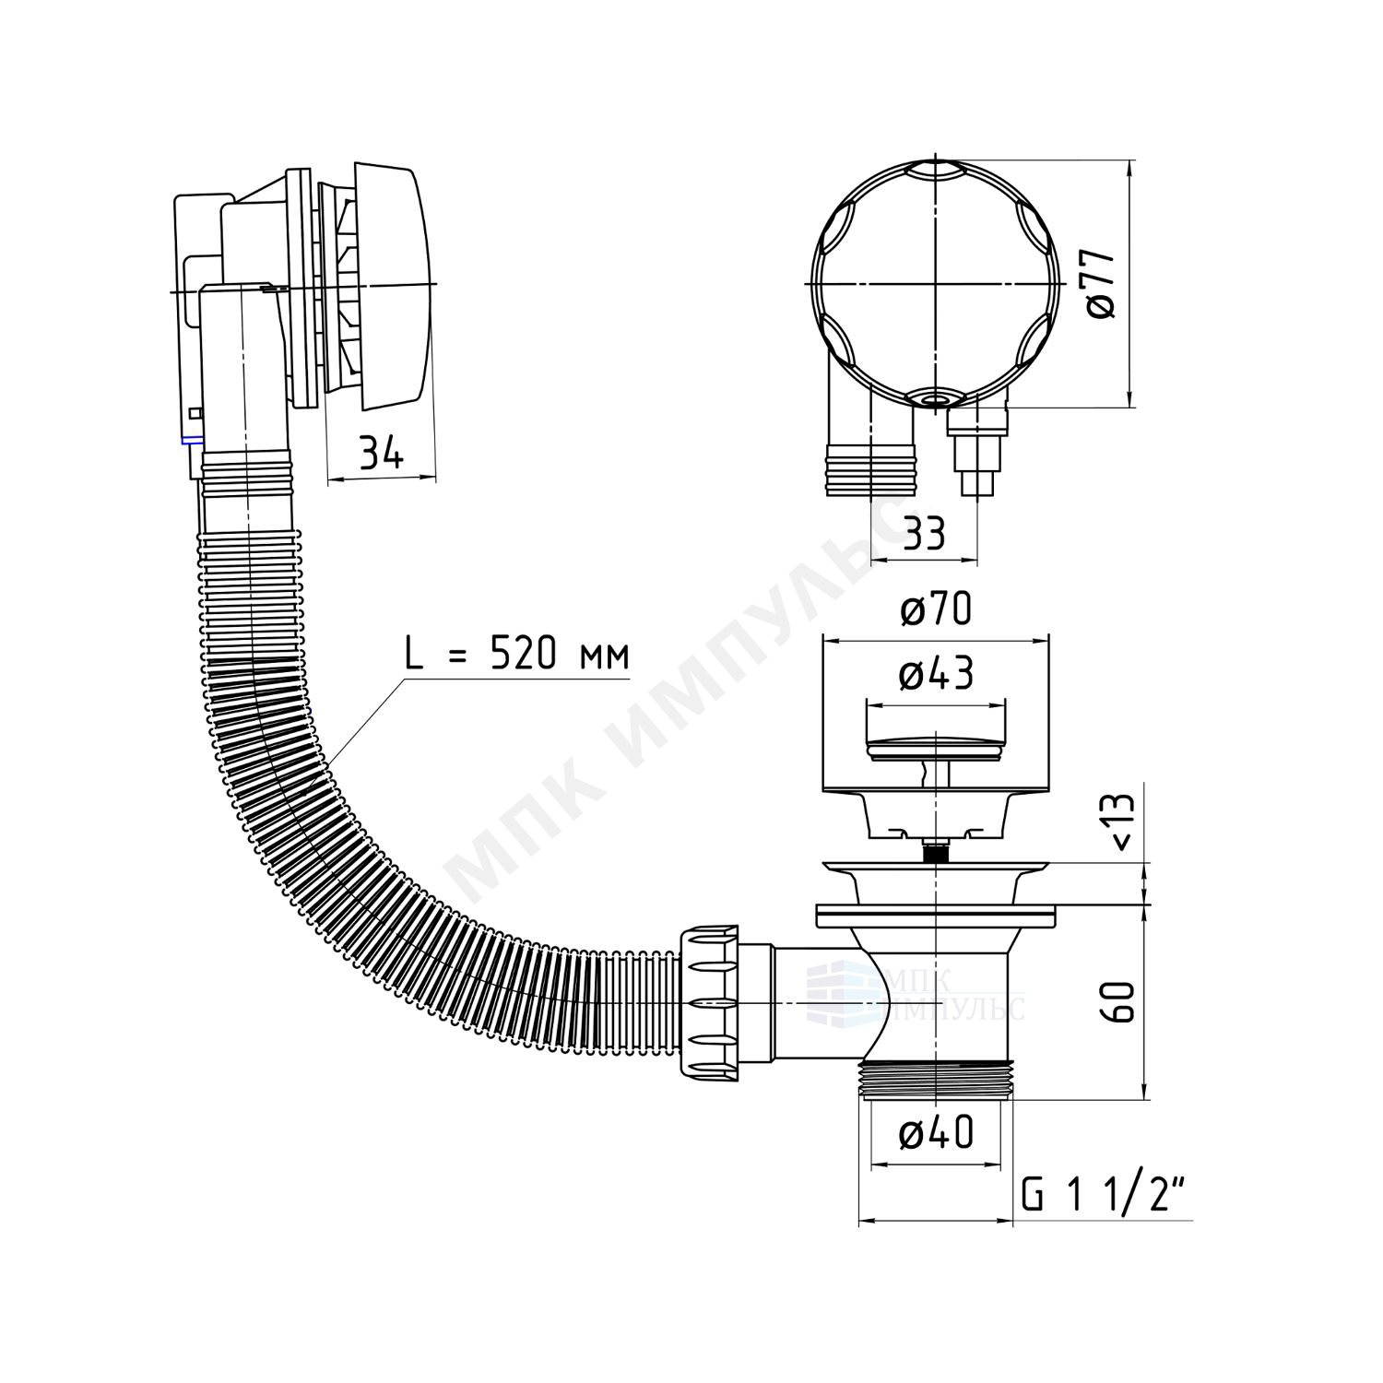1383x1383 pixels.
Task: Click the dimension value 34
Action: (381, 453)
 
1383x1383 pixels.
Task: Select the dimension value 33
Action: (924, 534)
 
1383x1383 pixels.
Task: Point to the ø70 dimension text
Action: (935, 609)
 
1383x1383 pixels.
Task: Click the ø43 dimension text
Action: (936, 675)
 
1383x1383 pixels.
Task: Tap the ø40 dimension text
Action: (936, 1133)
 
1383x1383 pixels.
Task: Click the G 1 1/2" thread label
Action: (1103, 1197)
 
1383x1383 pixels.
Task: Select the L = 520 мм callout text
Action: (517, 655)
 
